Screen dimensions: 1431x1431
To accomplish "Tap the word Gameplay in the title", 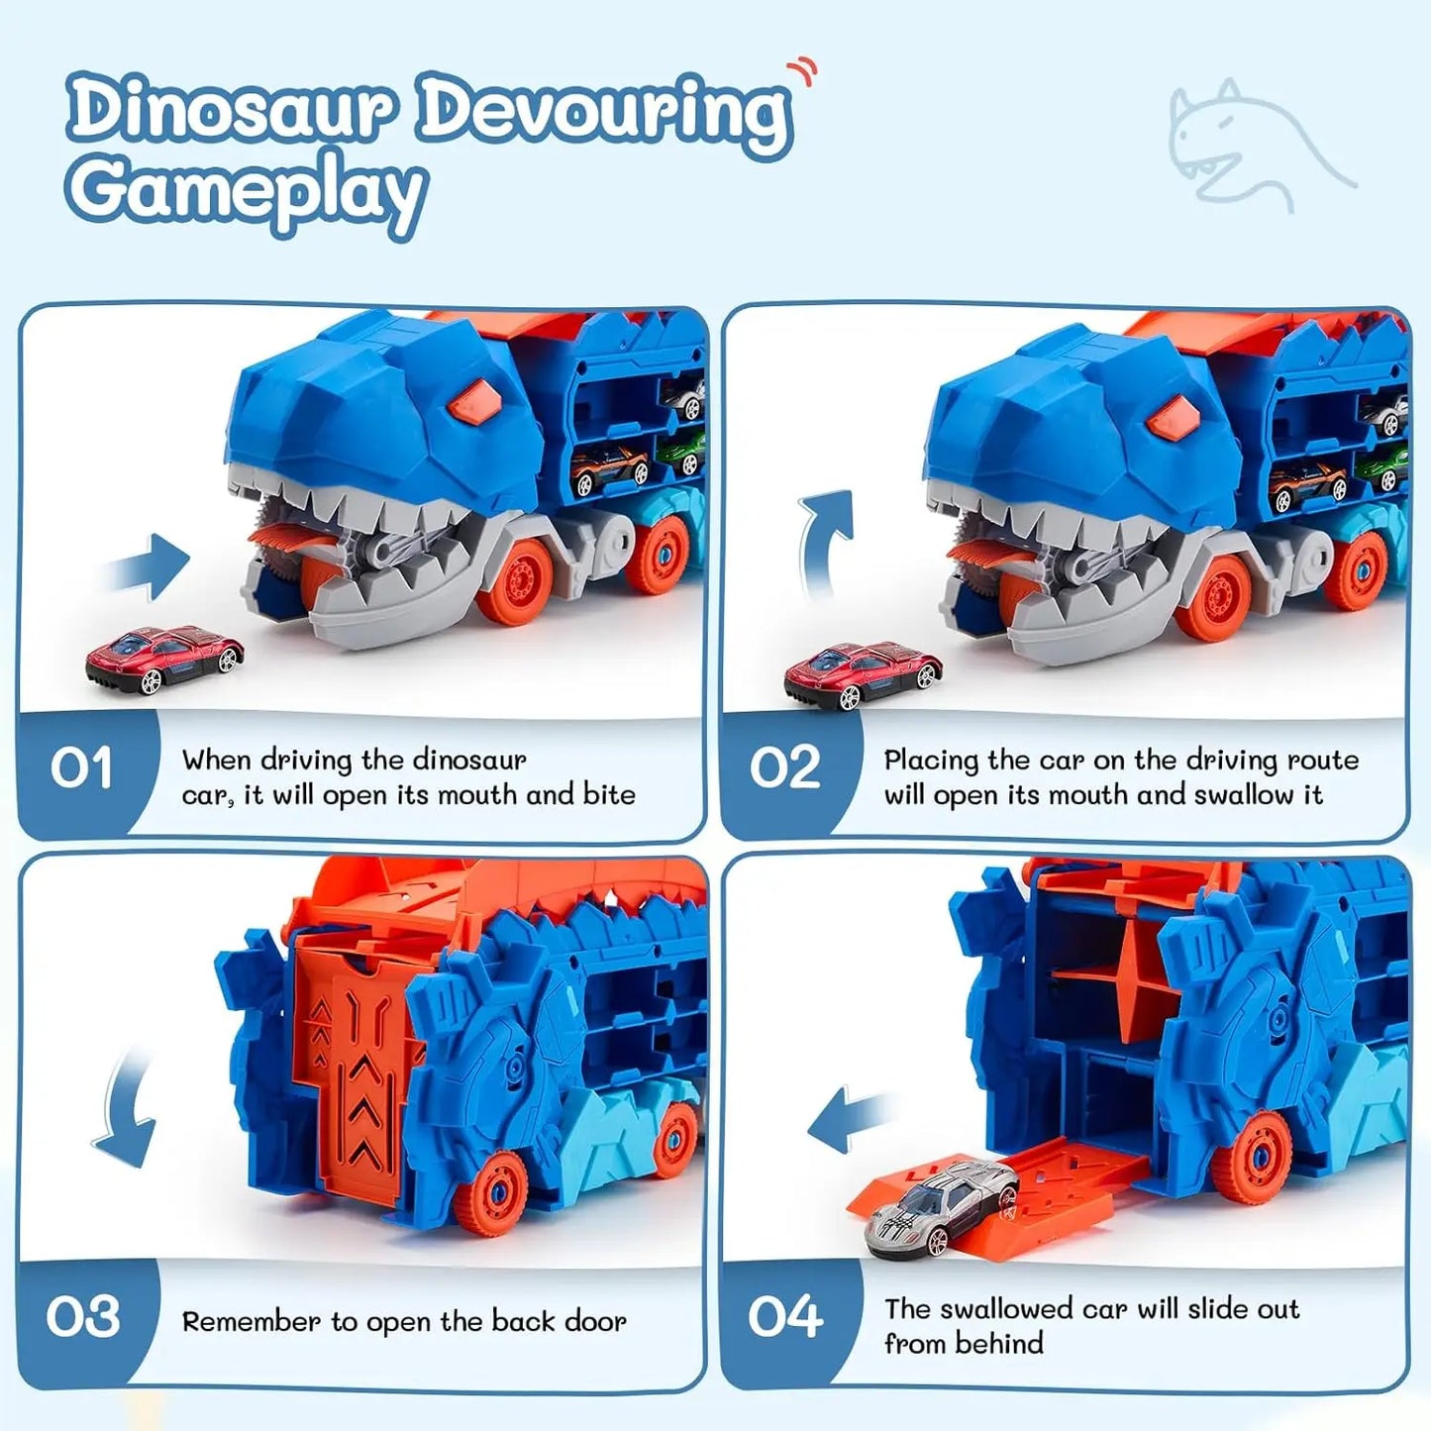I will click(x=246, y=190).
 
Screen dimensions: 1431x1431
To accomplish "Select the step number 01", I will click(x=81, y=769).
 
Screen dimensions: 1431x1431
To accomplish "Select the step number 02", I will click(x=785, y=769).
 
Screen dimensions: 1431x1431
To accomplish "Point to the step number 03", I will click(x=83, y=1317).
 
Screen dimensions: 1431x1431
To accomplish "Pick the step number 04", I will click(x=785, y=1317).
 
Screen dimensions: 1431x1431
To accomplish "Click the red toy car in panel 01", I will click(x=164, y=658).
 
